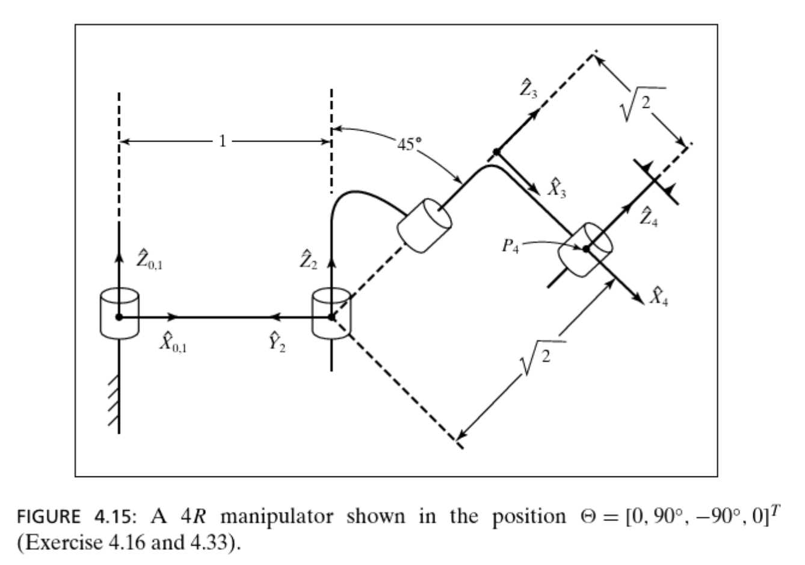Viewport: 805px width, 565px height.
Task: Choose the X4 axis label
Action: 659,297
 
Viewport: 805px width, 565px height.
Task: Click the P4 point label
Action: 510,247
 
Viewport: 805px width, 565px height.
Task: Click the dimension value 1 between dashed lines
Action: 222,142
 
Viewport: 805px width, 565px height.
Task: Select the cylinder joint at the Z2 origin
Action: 331,313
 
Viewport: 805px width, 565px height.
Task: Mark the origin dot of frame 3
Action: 496,152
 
